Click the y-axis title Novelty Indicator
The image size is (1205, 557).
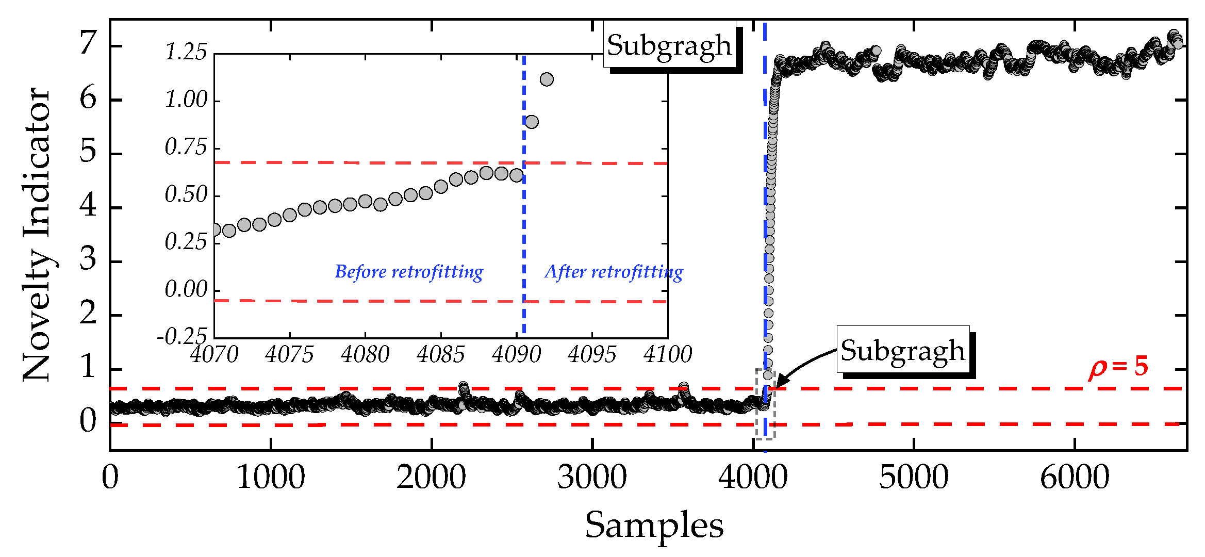[x=37, y=235]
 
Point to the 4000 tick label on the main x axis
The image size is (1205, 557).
[x=753, y=478]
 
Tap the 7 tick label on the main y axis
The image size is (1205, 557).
[x=88, y=43]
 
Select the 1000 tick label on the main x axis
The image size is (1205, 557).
[x=271, y=478]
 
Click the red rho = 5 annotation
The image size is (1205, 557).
[x=1118, y=367]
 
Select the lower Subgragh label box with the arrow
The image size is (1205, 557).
[x=902, y=350]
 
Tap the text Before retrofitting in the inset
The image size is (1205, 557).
[x=409, y=271]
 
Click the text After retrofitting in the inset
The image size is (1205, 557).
[x=614, y=271]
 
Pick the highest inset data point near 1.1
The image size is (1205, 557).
[x=547, y=79]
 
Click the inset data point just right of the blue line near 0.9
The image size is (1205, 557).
[x=532, y=122]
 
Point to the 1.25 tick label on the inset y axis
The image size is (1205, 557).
[x=186, y=52]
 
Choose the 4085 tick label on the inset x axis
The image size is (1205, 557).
[x=440, y=355]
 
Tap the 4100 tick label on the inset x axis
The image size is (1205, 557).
[x=667, y=355]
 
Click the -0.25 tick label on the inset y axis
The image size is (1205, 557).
[x=181, y=337]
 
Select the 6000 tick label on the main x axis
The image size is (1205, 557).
[x=1075, y=478]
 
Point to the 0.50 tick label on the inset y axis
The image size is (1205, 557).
[x=186, y=195]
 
